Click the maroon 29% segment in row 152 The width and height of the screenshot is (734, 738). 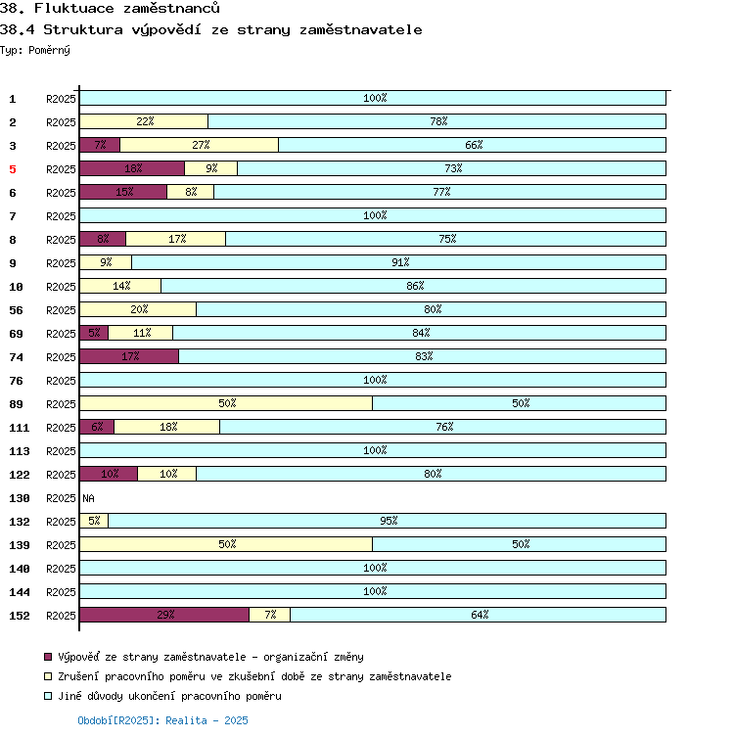point(164,615)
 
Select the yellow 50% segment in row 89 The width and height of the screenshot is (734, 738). point(226,403)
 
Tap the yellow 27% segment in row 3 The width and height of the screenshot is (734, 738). point(200,145)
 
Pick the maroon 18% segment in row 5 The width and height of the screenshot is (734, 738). point(132,168)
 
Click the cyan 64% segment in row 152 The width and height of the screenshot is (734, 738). point(479,615)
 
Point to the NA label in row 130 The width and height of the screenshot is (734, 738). point(88,498)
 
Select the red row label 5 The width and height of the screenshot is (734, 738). point(13,169)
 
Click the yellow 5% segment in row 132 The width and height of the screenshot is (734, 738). point(94,521)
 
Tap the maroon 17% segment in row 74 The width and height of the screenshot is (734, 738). point(129,356)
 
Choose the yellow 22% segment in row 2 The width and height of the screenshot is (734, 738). point(144,121)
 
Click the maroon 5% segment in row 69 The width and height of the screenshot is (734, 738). point(94,333)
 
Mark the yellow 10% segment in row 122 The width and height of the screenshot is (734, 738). point(167,474)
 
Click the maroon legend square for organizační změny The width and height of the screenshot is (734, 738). point(47,658)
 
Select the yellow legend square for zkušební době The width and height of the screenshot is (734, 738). point(47,677)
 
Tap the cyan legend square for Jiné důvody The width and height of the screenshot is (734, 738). point(47,697)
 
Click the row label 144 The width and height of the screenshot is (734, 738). point(20,592)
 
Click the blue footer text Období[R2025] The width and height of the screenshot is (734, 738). point(117,720)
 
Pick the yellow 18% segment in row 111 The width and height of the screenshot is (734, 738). point(167,427)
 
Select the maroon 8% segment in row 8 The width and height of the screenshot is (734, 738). point(103,239)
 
